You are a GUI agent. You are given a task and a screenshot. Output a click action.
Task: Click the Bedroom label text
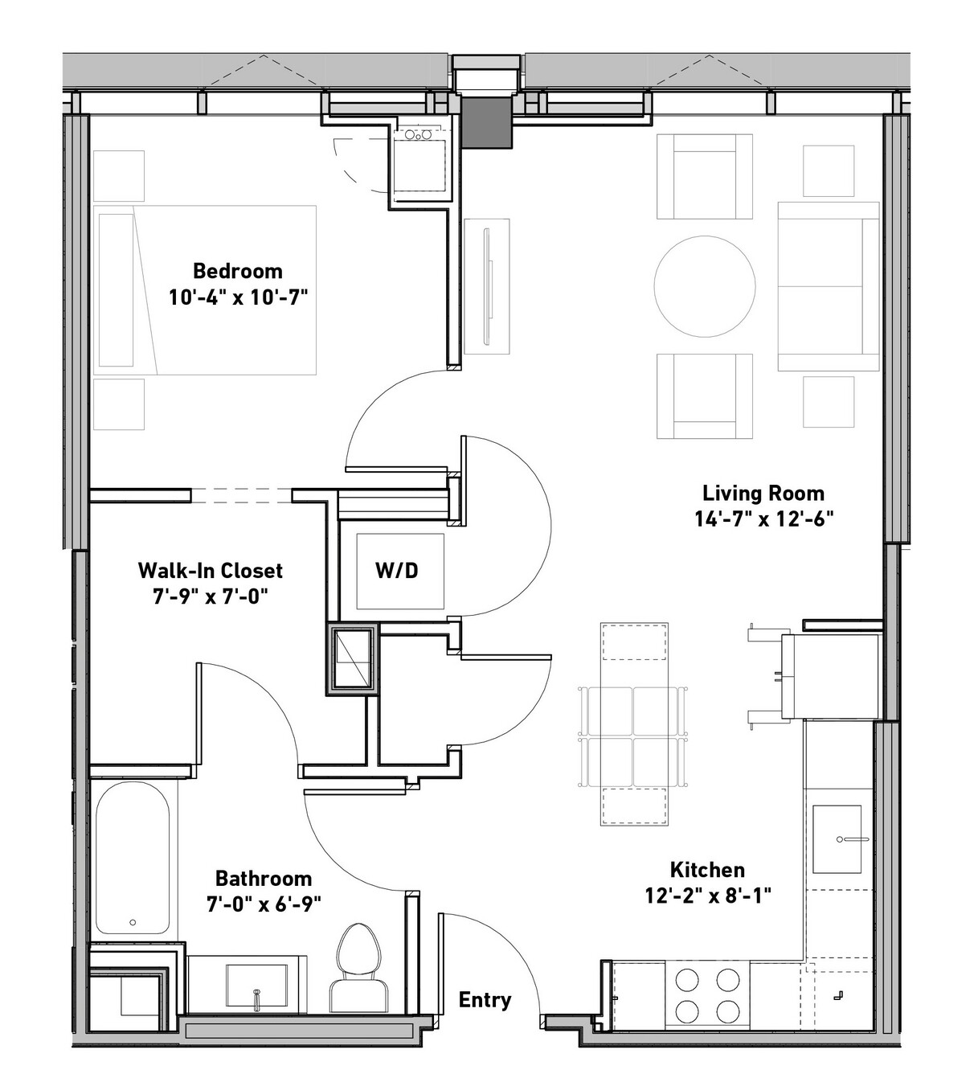click(238, 271)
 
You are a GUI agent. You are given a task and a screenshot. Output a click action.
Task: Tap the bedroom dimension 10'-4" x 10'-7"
click(239, 297)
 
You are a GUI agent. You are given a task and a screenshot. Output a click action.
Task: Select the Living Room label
click(763, 493)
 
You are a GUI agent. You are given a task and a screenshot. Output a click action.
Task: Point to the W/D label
click(397, 571)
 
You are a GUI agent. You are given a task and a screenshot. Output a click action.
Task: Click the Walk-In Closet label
click(211, 570)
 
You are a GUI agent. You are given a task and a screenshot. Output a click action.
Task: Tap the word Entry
click(485, 999)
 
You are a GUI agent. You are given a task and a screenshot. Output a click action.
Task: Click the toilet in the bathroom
click(358, 968)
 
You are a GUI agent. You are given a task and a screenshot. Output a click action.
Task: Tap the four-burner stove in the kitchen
click(707, 994)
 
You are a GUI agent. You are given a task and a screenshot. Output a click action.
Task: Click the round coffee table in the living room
click(705, 286)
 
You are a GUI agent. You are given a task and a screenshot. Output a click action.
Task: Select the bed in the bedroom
click(204, 289)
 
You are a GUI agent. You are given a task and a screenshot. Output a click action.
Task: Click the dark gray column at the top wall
click(487, 122)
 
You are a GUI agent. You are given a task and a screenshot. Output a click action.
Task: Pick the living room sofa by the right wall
click(828, 286)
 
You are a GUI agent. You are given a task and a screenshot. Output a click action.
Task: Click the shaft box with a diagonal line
click(352, 659)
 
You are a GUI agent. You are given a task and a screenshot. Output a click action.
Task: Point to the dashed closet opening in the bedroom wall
click(241, 495)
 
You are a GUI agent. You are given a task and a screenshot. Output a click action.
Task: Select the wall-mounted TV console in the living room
click(487, 286)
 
